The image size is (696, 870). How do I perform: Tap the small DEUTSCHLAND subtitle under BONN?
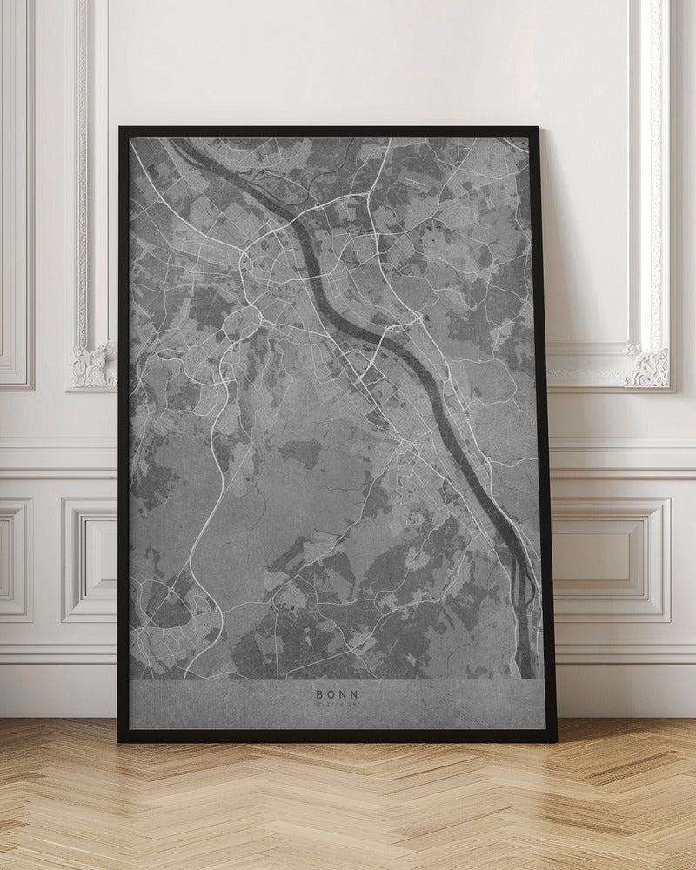(x=338, y=706)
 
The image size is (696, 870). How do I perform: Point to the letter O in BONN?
(x=330, y=694)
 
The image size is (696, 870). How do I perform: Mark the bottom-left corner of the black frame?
(x=120, y=740)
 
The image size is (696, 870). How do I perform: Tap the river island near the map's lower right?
(x=524, y=574)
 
